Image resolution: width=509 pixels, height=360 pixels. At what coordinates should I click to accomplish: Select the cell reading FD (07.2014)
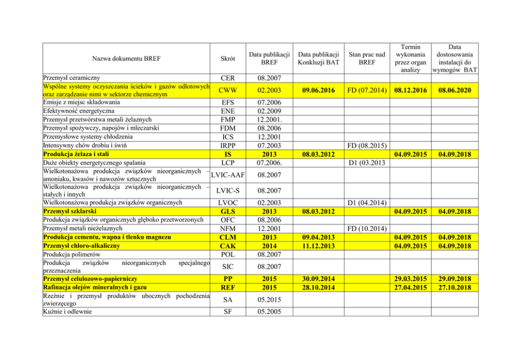(366, 90)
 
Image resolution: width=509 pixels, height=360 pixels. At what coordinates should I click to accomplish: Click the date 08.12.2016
(410, 90)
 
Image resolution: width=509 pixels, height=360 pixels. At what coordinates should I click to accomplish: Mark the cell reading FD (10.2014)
(366, 228)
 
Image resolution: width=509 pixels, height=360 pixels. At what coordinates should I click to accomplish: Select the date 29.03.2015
(410, 278)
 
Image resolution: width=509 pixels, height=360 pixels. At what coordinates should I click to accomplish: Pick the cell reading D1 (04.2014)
(366, 203)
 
